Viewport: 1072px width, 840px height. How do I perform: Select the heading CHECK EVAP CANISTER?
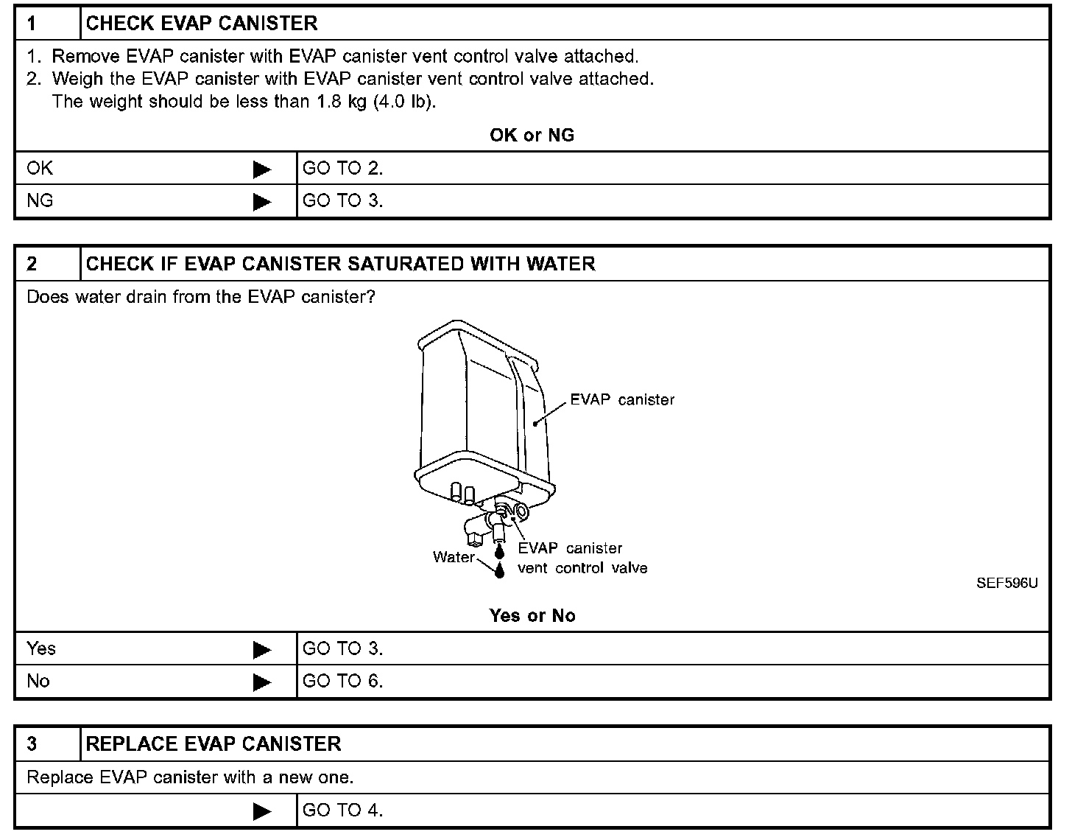pos(202,24)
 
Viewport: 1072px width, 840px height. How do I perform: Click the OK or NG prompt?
pos(532,136)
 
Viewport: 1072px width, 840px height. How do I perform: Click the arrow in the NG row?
pos(261,202)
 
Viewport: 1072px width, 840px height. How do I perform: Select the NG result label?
pos(40,201)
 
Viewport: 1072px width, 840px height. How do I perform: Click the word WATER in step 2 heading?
pos(561,264)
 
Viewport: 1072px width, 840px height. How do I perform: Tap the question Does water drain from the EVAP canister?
pos(200,297)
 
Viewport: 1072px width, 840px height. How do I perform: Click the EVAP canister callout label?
pos(622,400)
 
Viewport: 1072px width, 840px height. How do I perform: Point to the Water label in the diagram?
pos(454,557)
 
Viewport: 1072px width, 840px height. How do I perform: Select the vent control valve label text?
pos(582,568)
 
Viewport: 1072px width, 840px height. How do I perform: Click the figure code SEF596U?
pos(1007,584)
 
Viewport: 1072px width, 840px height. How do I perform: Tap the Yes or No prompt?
pos(532,616)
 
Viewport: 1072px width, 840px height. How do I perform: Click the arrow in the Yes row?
pos(261,650)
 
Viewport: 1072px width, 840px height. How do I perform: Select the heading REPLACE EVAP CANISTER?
pos(214,744)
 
